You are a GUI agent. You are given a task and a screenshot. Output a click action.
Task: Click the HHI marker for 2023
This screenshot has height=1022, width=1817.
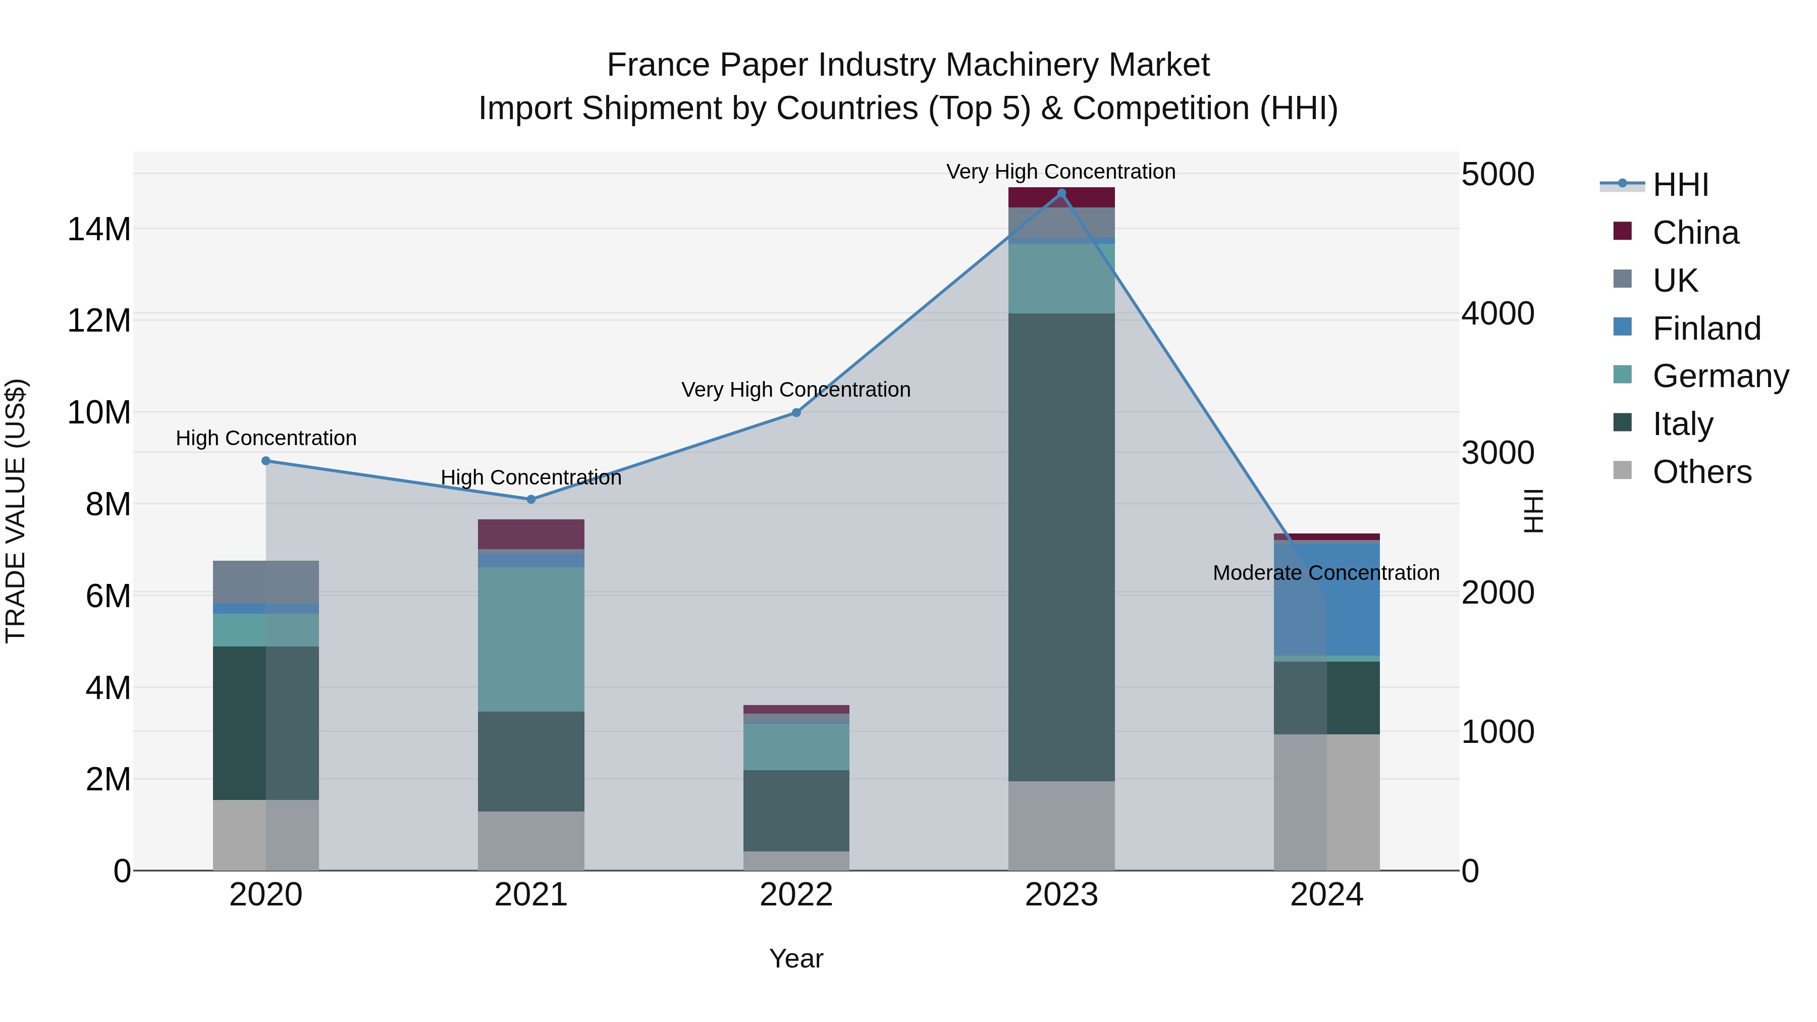click(1061, 193)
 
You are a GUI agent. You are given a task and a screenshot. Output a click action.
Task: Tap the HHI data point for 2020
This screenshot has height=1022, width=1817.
click(266, 461)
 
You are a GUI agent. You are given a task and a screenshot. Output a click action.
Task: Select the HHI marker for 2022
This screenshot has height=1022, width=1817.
click(796, 413)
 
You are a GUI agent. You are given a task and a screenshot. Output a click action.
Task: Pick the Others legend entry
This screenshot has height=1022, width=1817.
click(1701, 472)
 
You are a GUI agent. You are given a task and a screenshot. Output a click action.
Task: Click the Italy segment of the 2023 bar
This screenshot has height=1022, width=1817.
click(1061, 547)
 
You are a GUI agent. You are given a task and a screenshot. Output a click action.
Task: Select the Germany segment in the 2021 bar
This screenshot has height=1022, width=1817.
click(531, 639)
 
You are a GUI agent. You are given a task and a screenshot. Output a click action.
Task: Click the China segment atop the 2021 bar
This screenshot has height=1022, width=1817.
click(531, 534)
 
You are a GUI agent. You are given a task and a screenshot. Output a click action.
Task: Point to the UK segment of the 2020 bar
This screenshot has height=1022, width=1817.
click(266, 582)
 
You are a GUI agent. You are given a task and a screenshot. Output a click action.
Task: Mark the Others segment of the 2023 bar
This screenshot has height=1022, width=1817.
click(1061, 825)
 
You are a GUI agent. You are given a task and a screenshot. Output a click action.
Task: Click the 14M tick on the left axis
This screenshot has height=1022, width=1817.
click(99, 229)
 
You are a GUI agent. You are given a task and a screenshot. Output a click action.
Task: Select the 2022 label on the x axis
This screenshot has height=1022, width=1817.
click(796, 895)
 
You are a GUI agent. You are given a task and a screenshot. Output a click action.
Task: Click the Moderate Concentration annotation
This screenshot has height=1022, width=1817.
click(1325, 573)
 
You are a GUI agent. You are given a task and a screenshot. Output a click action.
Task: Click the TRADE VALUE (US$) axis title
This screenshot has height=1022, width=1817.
click(16, 511)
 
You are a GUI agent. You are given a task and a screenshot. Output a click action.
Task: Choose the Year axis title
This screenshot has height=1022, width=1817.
click(796, 958)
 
